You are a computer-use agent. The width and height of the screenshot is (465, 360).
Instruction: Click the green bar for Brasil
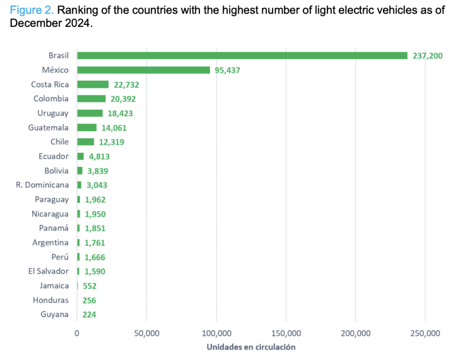pos(242,55)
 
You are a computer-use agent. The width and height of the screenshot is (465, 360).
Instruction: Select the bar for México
pos(143,70)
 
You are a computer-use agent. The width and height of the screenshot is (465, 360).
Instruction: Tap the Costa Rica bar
pos(93,84)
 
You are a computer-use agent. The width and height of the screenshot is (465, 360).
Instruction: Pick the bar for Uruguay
pos(90,113)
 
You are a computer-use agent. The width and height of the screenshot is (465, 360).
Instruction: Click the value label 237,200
pos(427,56)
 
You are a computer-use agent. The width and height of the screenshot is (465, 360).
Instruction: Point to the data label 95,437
pos(228,70)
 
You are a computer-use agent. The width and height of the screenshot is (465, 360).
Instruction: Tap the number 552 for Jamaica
pos(89,286)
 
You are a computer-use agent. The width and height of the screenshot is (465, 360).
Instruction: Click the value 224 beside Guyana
pos(89,315)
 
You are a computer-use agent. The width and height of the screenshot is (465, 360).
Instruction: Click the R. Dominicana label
pos(41,185)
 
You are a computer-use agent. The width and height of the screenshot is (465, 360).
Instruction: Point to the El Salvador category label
pos(48,271)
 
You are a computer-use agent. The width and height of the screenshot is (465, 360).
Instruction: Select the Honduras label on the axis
pos(50,300)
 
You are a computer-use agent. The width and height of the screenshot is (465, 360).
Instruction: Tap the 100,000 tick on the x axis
pos(216,334)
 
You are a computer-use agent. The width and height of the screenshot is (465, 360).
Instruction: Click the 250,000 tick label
pos(425,334)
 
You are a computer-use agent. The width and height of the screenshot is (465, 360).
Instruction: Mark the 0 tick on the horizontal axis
pos(77,334)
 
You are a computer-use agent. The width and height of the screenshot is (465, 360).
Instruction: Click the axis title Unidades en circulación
pos(251,347)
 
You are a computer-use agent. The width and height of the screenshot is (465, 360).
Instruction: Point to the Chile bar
pos(85,142)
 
